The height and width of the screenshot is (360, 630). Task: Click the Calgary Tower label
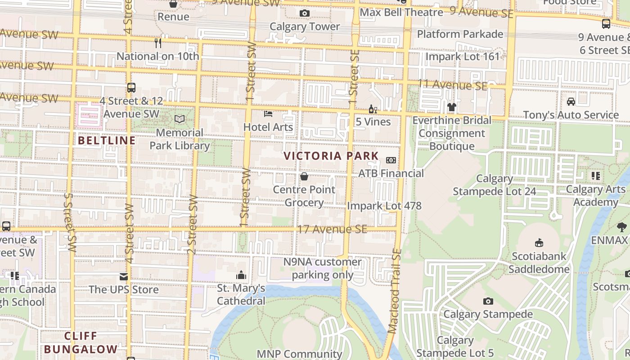pyautogui.click(x=305, y=27)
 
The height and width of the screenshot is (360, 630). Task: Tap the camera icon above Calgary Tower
pyautogui.click(x=305, y=13)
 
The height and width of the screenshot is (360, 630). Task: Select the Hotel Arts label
pyautogui.click(x=268, y=127)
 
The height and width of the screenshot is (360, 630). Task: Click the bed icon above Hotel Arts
pyautogui.click(x=268, y=114)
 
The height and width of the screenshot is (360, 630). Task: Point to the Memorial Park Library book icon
pyautogui.click(x=180, y=119)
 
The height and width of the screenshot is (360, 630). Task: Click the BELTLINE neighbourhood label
pyautogui.click(x=107, y=140)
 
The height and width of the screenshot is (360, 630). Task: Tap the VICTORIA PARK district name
pyautogui.click(x=331, y=156)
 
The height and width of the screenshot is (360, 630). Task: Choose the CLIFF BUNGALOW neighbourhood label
pyautogui.click(x=81, y=342)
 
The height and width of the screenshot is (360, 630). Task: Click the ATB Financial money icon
pyautogui.click(x=391, y=160)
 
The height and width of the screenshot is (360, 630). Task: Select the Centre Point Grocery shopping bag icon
pyautogui.click(x=304, y=176)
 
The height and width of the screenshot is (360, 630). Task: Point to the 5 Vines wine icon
pyautogui.click(x=373, y=109)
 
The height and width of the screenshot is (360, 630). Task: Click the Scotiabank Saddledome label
pyautogui.click(x=539, y=263)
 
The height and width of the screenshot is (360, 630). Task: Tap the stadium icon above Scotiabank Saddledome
pyautogui.click(x=539, y=243)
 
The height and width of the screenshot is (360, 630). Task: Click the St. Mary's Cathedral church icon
pyautogui.click(x=241, y=274)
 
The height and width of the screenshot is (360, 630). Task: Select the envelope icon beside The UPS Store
pyautogui.click(x=124, y=276)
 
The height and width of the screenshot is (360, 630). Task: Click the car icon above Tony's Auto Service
pyautogui.click(x=571, y=102)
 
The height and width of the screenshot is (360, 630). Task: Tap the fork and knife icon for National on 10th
pyautogui.click(x=157, y=43)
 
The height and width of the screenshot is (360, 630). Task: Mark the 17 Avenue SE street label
pyautogui.click(x=332, y=229)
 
